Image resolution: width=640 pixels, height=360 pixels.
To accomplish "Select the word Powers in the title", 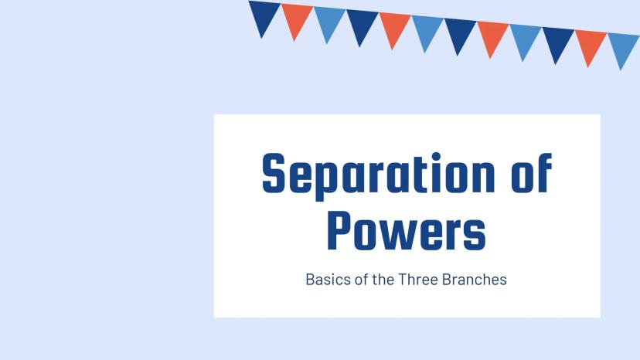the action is (407, 230).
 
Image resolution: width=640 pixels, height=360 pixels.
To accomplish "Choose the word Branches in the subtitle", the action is (475, 280).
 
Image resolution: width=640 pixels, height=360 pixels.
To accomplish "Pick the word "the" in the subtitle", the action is (383, 280).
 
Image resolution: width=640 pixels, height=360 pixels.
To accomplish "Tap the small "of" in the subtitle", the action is (362, 280).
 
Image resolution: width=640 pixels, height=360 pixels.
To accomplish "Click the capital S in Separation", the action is (274, 173).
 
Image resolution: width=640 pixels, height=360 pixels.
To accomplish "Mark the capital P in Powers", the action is (339, 230).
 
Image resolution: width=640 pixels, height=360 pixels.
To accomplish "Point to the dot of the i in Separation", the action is (436, 157).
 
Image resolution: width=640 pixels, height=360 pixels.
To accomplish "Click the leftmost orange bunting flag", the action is (297, 19).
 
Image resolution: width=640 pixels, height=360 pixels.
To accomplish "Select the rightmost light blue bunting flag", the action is (623, 47).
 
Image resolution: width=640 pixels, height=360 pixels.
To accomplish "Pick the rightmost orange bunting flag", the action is (591, 44).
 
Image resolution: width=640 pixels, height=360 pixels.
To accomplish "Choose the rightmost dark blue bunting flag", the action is (557, 41).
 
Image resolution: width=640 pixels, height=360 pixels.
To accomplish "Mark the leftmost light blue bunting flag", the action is (329, 21).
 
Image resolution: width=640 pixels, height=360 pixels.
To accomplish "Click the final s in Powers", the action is (475, 236).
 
